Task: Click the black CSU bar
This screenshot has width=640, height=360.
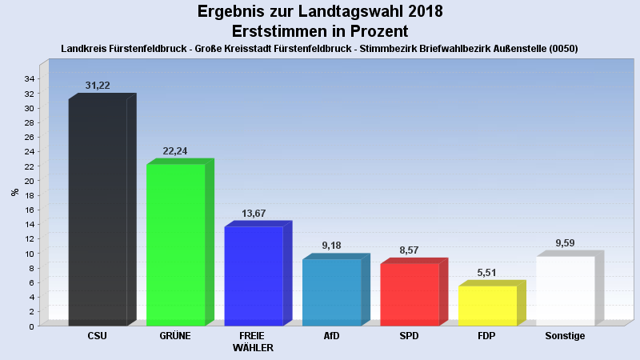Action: (98, 212)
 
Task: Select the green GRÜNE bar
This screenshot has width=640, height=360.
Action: (175, 245)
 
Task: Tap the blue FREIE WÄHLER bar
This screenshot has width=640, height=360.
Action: (254, 276)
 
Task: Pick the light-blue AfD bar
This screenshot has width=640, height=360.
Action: (331, 292)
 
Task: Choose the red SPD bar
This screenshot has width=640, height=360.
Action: (410, 294)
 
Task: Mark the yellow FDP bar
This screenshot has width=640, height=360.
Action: (487, 306)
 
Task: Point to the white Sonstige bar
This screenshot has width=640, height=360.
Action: (565, 290)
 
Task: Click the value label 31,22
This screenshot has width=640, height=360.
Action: (98, 86)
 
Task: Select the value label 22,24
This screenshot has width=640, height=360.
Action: (175, 151)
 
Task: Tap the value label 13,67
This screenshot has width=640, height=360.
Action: (254, 214)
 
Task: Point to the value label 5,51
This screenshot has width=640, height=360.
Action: (487, 273)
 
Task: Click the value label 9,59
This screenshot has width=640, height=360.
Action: (565, 243)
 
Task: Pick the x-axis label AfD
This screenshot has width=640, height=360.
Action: (331, 336)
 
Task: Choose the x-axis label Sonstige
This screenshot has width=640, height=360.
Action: (565, 336)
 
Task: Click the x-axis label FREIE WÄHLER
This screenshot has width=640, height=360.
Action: (254, 342)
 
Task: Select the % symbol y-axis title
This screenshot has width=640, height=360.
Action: (14, 192)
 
